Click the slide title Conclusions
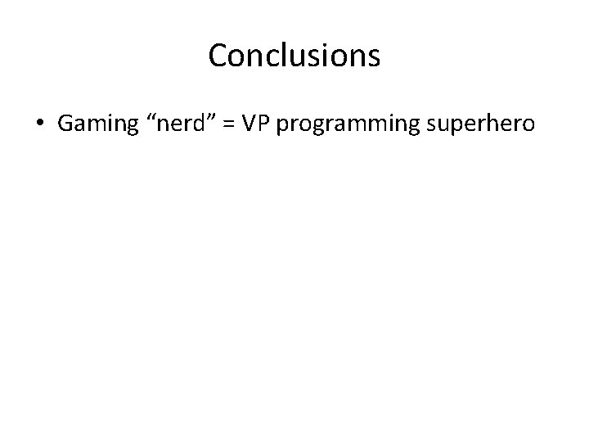click(x=294, y=56)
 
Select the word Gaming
click(x=92, y=124)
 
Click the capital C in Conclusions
click(x=218, y=56)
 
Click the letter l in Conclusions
click(x=291, y=55)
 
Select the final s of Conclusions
click(x=373, y=57)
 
